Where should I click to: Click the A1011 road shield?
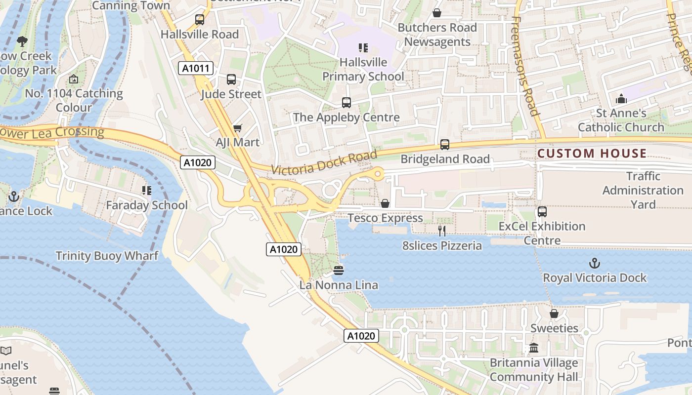(x=196, y=68)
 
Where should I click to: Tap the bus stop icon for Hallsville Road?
(x=200, y=20)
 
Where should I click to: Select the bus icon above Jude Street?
(x=231, y=79)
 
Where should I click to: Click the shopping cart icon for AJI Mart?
(x=238, y=128)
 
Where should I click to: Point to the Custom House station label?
(x=592, y=154)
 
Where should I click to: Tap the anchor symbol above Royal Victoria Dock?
(x=595, y=263)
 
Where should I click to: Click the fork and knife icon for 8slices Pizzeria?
(x=442, y=231)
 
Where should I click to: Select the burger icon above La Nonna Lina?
(x=339, y=270)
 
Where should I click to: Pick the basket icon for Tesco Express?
(x=385, y=203)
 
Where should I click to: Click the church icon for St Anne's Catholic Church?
(x=622, y=99)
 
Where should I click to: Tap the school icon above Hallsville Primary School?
(x=363, y=48)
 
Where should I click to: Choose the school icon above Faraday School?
(x=147, y=190)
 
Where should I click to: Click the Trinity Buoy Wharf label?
(x=107, y=256)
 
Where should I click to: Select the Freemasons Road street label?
(x=524, y=66)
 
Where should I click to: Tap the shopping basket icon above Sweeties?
(x=554, y=314)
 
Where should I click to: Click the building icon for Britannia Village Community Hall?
(x=534, y=348)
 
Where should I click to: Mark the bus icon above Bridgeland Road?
(x=445, y=145)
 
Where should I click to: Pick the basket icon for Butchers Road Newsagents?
(x=437, y=13)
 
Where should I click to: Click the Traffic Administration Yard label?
(x=643, y=190)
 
